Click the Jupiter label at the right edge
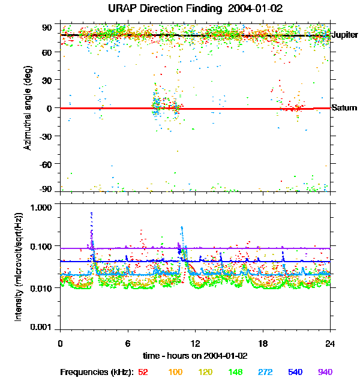(x=344, y=35)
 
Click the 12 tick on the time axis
(x=194, y=343)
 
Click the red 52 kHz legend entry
(x=143, y=372)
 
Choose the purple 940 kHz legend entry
(x=325, y=372)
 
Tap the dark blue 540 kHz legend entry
(x=295, y=372)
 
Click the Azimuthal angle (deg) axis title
(x=28, y=108)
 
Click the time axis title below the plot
(x=194, y=355)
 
